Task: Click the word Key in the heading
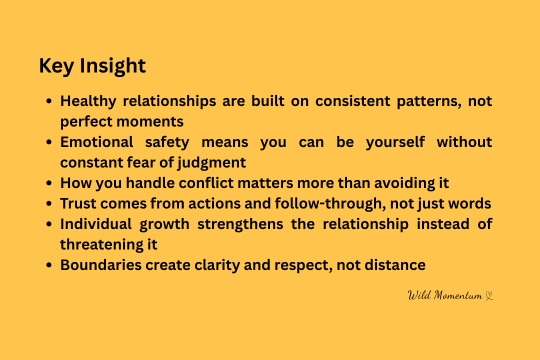point(56,66)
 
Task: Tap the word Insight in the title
point(113,66)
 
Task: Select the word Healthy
point(88,101)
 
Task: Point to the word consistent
point(353,101)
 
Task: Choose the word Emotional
point(97,142)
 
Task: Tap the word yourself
point(395,142)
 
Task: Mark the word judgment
point(212,163)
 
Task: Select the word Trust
point(78,203)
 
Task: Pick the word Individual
point(96,224)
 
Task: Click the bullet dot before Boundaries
point(49,265)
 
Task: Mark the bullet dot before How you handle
point(49,183)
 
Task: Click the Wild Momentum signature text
point(445,295)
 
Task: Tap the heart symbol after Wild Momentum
point(489,296)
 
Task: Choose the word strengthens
point(240,224)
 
